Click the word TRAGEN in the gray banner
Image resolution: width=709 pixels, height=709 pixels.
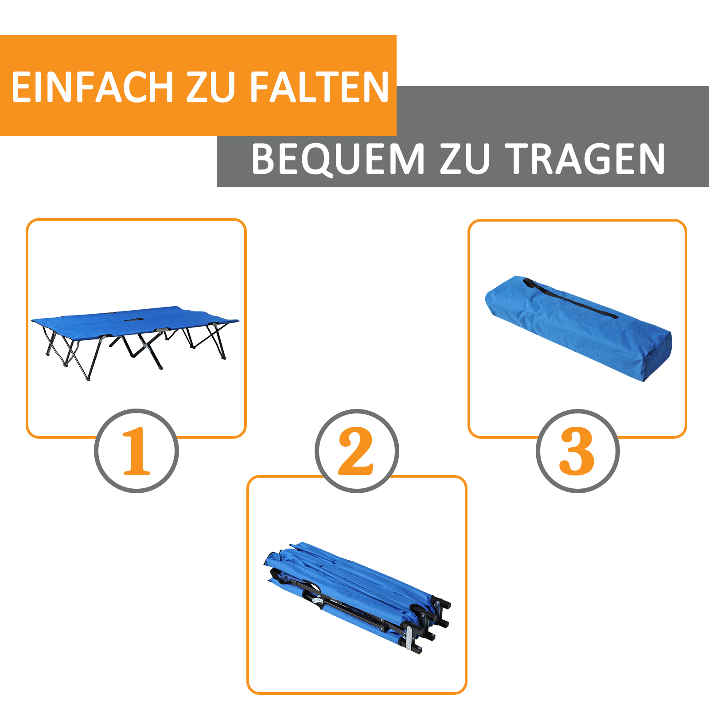585,159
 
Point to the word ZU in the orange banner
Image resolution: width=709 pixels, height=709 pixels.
210,87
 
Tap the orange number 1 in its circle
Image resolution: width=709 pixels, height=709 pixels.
136,451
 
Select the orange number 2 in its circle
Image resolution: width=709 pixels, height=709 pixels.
356,451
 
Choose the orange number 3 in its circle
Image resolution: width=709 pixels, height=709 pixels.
577,451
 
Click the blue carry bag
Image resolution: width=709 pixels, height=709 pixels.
576,328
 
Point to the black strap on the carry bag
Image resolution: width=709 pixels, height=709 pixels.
572,299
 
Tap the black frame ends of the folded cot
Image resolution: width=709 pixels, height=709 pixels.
436,620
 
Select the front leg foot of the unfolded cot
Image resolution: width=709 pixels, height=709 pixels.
88,379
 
